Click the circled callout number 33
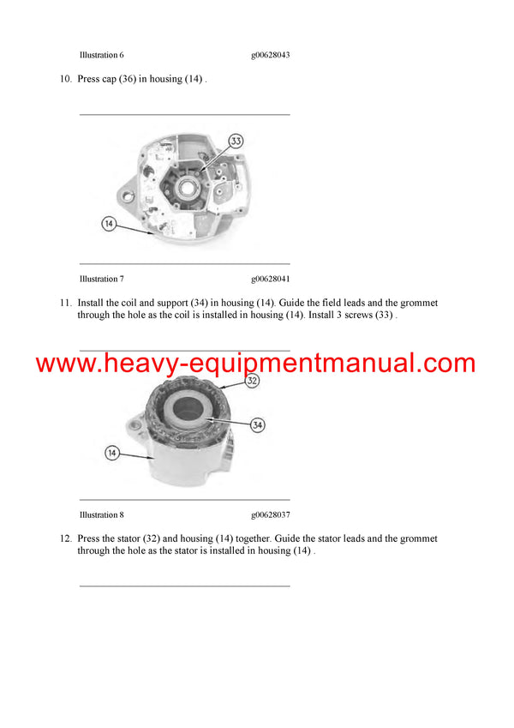(236, 141)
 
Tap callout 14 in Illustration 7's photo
(109, 224)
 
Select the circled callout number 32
(252, 381)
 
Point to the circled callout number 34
(258, 424)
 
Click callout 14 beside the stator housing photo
(112, 453)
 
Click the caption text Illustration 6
(102, 55)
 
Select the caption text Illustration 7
(102, 279)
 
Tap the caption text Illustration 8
(102, 514)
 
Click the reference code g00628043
(271, 55)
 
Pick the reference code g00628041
(271, 280)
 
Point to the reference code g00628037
(271, 515)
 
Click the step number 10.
(65, 79)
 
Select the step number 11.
(65, 304)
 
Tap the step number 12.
(65, 538)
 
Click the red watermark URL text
(255, 363)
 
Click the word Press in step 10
(88, 79)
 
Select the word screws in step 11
(359, 315)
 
